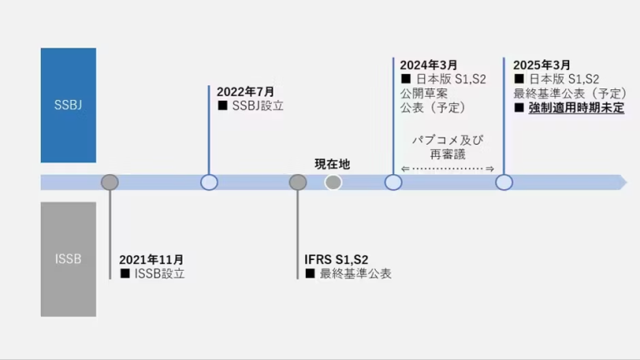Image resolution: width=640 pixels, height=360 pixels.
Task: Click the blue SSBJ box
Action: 68,105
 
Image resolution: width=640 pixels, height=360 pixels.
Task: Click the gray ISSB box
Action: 68,258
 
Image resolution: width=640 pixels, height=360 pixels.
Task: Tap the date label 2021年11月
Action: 152,260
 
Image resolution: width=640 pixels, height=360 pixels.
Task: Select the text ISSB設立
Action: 157,273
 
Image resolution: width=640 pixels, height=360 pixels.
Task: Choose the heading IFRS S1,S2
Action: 337,260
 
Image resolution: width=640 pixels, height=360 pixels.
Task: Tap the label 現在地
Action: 332,164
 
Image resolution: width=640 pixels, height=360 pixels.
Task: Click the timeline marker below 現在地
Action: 333,182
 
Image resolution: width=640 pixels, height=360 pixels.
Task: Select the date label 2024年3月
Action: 428,65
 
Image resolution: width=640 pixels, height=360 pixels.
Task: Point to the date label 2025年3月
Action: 542,65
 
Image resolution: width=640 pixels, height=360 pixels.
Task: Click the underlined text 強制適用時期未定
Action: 576,107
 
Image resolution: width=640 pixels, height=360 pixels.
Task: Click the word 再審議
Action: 447,154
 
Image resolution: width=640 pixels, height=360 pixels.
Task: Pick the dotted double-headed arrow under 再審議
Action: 447,169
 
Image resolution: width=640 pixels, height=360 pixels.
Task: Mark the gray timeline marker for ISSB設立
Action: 109,182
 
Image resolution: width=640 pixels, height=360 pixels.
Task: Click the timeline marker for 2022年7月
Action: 209,182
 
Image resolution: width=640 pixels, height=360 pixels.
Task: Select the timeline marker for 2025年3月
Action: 504,182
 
